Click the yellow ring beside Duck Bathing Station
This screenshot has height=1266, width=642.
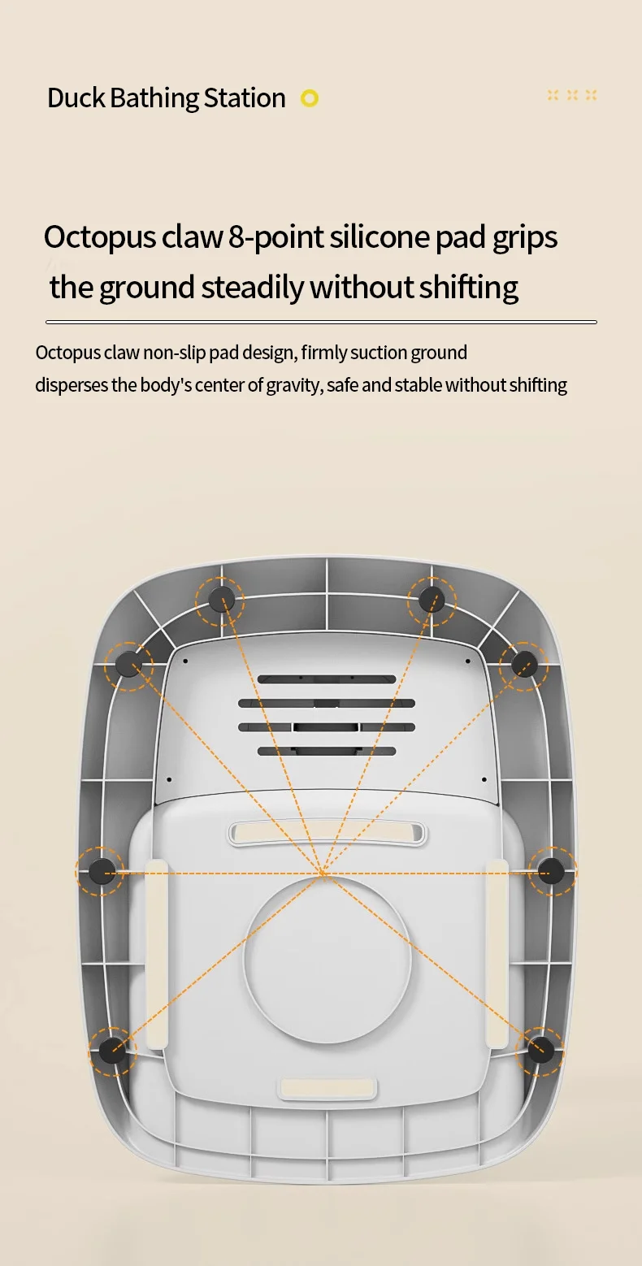coord(310,98)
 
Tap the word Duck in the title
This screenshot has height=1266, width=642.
coord(76,98)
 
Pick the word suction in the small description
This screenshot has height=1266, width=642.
coord(381,353)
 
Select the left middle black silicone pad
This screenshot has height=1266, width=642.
coord(101,871)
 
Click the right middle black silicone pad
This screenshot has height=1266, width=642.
coord(552,871)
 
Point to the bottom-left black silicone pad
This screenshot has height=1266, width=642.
coord(112,1051)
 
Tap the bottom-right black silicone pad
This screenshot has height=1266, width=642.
coord(540,1050)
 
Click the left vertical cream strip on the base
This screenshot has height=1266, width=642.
coord(157,953)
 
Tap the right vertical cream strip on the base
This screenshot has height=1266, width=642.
coord(497,953)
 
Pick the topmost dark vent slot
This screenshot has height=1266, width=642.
coord(327,679)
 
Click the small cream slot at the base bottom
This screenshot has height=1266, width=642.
coord(328,1088)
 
